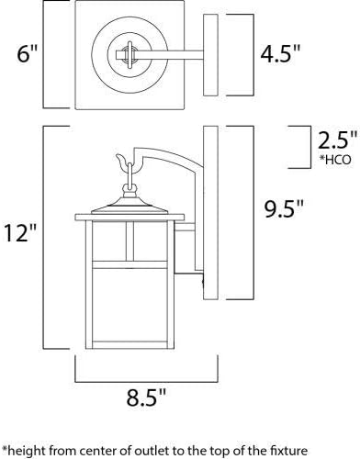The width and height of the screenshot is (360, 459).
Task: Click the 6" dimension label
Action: click(x=27, y=54)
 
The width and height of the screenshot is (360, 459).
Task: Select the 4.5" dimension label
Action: click(x=280, y=54)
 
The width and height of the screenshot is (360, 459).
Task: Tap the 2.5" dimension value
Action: click(x=337, y=140)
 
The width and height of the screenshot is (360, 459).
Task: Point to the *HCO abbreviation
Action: click(x=335, y=160)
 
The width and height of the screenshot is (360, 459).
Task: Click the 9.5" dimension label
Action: click(x=284, y=208)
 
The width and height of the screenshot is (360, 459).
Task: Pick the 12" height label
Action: click(x=20, y=232)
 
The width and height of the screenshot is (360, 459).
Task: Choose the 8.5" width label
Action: click(x=146, y=397)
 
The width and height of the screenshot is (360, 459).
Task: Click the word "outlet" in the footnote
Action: click(x=152, y=451)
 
